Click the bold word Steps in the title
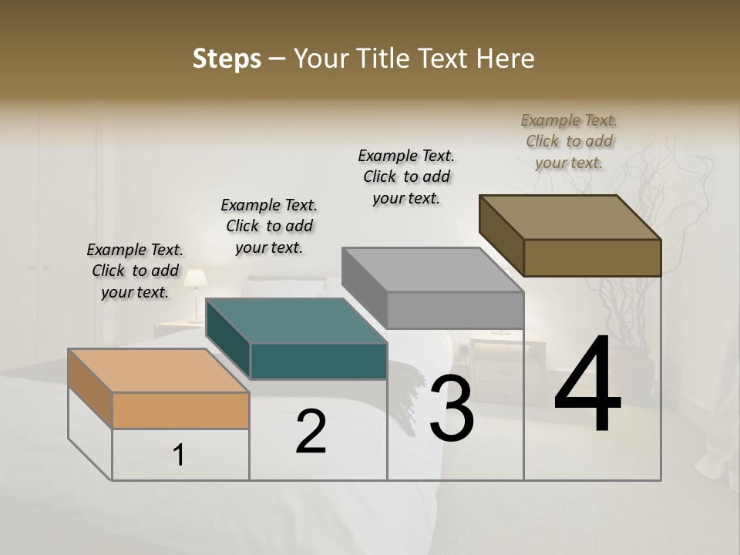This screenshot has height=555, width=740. pyautogui.click(x=227, y=59)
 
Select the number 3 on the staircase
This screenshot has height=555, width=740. pyautogui.click(x=452, y=409)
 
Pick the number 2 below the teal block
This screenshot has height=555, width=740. pyautogui.click(x=311, y=432)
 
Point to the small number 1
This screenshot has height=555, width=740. pyautogui.click(x=179, y=456)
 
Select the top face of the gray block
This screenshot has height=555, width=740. pyautogui.click(x=433, y=270)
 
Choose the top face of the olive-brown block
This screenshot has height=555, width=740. pyautogui.click(x=570, y=217)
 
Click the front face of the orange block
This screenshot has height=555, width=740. pyautogui.click(x=180, y=410)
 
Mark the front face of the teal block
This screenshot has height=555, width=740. pyautogui.click(x=318, y=361)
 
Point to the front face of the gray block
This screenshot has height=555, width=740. pyautogui.click(x=455, y=310)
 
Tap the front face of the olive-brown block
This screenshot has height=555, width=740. pyautogui.click(x=592, y=257)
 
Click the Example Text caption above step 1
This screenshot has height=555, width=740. pyautogui.click(x=135, y=271)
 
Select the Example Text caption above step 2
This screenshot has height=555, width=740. pyautogui.click(x=269, y=227)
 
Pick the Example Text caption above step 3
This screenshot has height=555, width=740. pyautogui.click(x=406, y=177)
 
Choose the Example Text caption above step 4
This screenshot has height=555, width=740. pyautogui.click(x=569, y=141)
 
